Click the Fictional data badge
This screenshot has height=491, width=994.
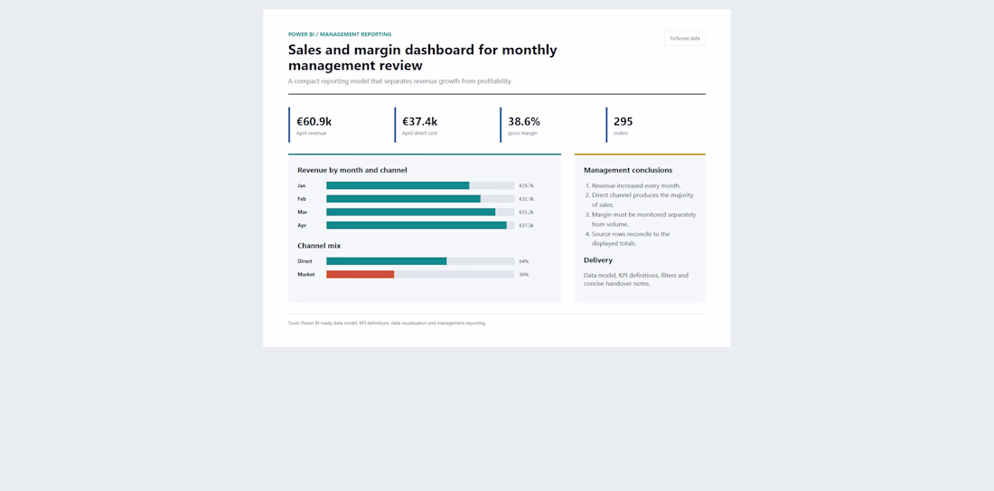pyautogui.click(x=685, y=38)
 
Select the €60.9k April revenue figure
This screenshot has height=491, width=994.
pyautogui.click(x=314, y=121)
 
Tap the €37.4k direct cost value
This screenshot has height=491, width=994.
pyautogui.click(x=419, y=121)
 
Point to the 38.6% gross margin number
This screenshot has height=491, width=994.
pyautogui.click(x=523, y=121)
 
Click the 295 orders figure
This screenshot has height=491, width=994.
pyautogui.click(x=624, y=121)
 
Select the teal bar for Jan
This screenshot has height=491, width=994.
pyautogui.click(x=398, y=186)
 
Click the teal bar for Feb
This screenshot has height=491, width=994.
pyautogui.click(x=403, y=199)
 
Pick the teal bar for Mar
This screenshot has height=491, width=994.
pyautogui.click(x=411, y=212)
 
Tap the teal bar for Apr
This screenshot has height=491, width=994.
pyautogui.click(x=417, y=225)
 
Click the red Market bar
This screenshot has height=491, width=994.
pyautogui.click(x=360, y=275)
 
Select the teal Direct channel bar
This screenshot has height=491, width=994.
pyautogui.click(x=386, y=261)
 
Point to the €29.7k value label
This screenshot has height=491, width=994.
pyautogui.click(x=526, y=186)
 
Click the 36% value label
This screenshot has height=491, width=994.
pyautogui.click(x=523, y=275)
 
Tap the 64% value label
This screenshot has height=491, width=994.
pyautogui.click(x=523, y=261)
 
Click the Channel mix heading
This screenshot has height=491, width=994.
pyautogui.click(x=319, y=246)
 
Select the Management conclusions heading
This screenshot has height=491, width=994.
pyautogui.click(x=628, y=170)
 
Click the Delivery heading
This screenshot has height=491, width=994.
pyautogui.click(x=598, y=260)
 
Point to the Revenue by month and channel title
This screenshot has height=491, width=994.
pyautogui.click(x=352, y=170)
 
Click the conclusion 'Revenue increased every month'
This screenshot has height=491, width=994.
pyautogui.click(x=634, y=186)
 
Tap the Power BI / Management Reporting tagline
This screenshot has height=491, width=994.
pyautogui.click(x=340, y=34)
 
